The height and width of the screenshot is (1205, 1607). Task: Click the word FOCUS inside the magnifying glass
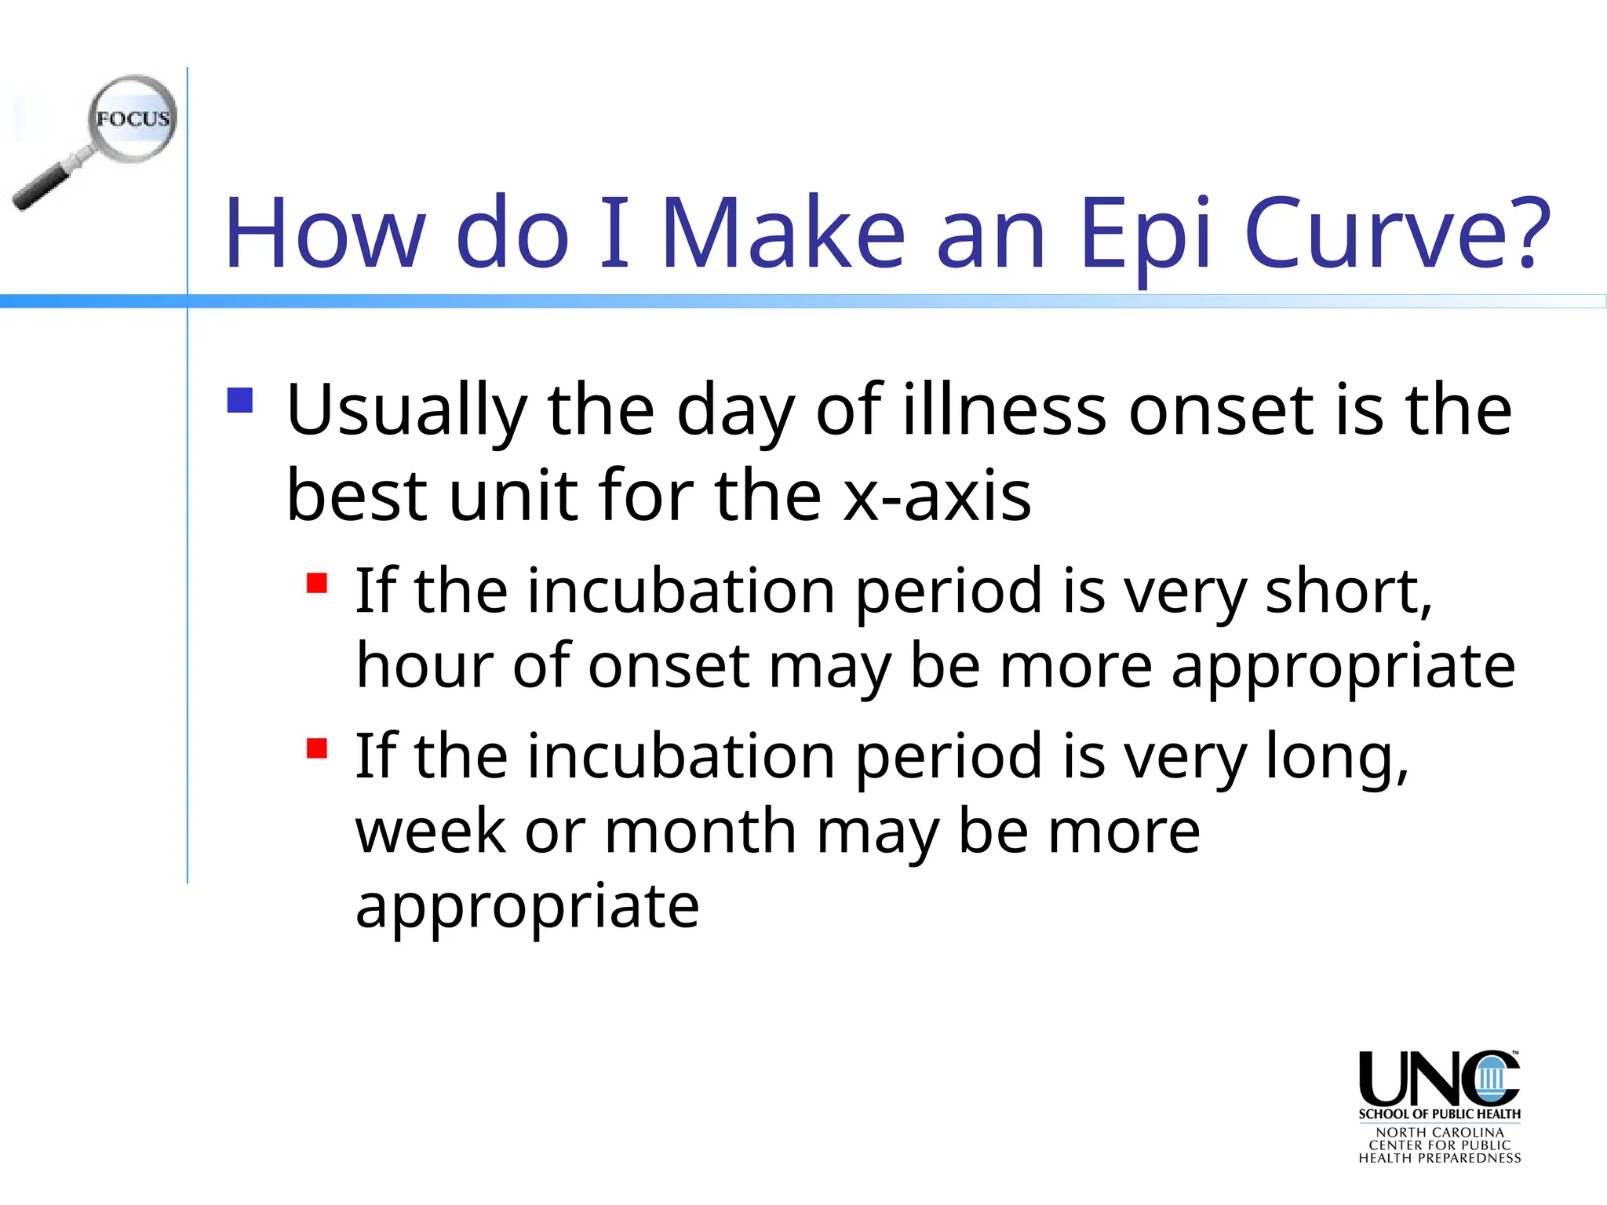(133, 119)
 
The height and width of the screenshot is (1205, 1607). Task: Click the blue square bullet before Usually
(240, 400)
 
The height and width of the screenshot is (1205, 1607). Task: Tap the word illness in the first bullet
(1004, 410)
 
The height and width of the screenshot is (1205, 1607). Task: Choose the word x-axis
(937, 496)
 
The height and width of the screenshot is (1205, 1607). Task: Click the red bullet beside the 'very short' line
(317, 584)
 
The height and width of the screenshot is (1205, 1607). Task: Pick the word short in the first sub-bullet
(1348, 591)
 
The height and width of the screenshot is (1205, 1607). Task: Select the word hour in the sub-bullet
(424, 666)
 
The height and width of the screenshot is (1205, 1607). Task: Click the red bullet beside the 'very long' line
(317, 748)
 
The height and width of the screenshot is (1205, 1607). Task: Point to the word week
(430, 831)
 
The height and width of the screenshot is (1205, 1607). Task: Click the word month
(701, 831)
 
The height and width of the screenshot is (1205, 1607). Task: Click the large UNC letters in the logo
(1438, 1079)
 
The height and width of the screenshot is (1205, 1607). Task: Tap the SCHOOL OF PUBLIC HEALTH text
(1439, 1114)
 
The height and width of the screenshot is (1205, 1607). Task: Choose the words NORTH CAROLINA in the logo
(1439, 1133)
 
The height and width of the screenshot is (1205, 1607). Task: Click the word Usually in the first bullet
(406, 410)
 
